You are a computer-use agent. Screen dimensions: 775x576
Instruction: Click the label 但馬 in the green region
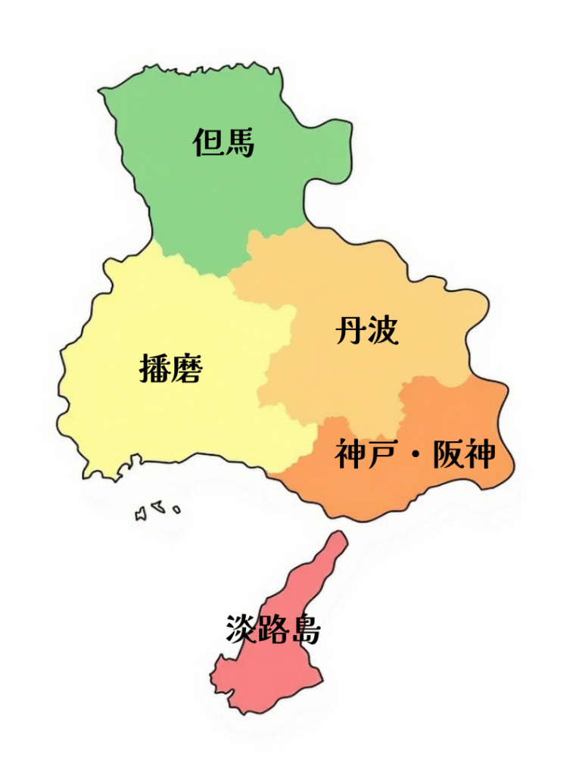(224, 142)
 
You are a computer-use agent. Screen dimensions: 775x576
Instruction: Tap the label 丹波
(367, 331)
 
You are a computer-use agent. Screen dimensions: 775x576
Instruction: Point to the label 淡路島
(272, 629)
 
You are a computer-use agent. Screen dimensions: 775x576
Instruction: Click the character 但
(208, 142)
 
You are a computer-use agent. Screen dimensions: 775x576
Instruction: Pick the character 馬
(240, 142)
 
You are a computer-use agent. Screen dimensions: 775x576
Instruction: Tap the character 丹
(351, 331)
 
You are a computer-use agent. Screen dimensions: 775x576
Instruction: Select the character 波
(383, 331)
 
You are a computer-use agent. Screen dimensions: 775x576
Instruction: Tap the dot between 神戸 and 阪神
(416, 456)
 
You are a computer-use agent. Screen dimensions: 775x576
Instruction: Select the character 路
(272, 629)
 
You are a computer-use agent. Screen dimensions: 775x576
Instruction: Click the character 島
(304, 629)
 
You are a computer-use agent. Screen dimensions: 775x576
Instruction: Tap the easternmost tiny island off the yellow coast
(176, 510)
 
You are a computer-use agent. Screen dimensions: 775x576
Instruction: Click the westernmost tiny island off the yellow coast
(141, 515)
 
